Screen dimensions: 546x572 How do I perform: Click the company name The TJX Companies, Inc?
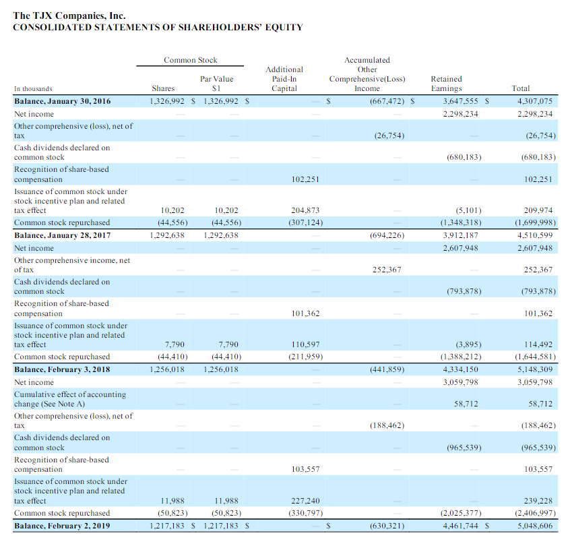pos(69,15)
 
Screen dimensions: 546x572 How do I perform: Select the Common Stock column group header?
pos(191,61)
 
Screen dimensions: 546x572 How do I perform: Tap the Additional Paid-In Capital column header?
pos(284,79)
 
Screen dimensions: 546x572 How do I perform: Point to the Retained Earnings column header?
pos(446,84)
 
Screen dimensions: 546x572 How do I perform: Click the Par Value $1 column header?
pos(217,84)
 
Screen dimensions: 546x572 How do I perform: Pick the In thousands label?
pos(33,88)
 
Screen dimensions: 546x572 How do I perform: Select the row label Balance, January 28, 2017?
pos(63,235)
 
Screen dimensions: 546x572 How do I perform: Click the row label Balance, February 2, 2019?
pos(63,525)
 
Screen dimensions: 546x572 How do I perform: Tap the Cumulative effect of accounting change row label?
pos(70,399)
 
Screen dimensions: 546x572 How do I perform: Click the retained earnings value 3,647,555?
pos(460,102)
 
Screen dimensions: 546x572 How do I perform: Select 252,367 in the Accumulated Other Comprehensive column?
pos(386,270)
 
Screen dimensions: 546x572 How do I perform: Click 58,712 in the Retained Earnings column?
pos(466,404)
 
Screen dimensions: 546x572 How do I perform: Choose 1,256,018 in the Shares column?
pos(168,369)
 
